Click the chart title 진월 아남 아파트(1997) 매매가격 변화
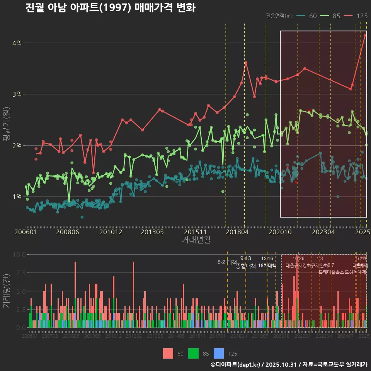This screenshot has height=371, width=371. point(110,8)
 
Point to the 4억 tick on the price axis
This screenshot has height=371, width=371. point(17,43)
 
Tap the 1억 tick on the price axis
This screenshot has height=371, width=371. point(17,196)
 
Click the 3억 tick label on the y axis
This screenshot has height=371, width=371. point(17,94)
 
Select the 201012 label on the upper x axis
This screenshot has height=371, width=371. point(111,232)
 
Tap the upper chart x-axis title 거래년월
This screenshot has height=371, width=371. point(196,240)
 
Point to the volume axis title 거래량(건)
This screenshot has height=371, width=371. point(7,291)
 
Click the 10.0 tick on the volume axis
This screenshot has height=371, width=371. point(19,255)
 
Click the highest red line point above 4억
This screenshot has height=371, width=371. point(365,35)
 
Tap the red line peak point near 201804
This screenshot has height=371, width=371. point(246,63)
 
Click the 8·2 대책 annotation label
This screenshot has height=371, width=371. point(227,262)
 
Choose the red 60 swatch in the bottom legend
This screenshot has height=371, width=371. point(168,353)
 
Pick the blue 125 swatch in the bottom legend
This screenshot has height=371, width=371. point(219,353)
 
